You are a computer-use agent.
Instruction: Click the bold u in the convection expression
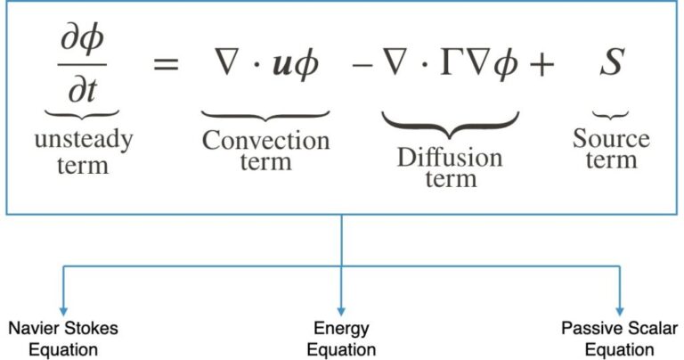coord(282,65)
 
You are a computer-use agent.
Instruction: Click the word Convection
coord(265,140)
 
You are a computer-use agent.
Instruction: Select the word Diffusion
coord(450,159)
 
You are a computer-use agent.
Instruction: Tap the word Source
coord(611,139)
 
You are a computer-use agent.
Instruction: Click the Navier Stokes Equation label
coord(62,339)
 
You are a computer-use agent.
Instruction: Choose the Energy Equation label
coord(341,339)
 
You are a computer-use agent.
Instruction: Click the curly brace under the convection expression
coord(265,115)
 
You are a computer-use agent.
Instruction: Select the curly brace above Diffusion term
coord(450,122)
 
